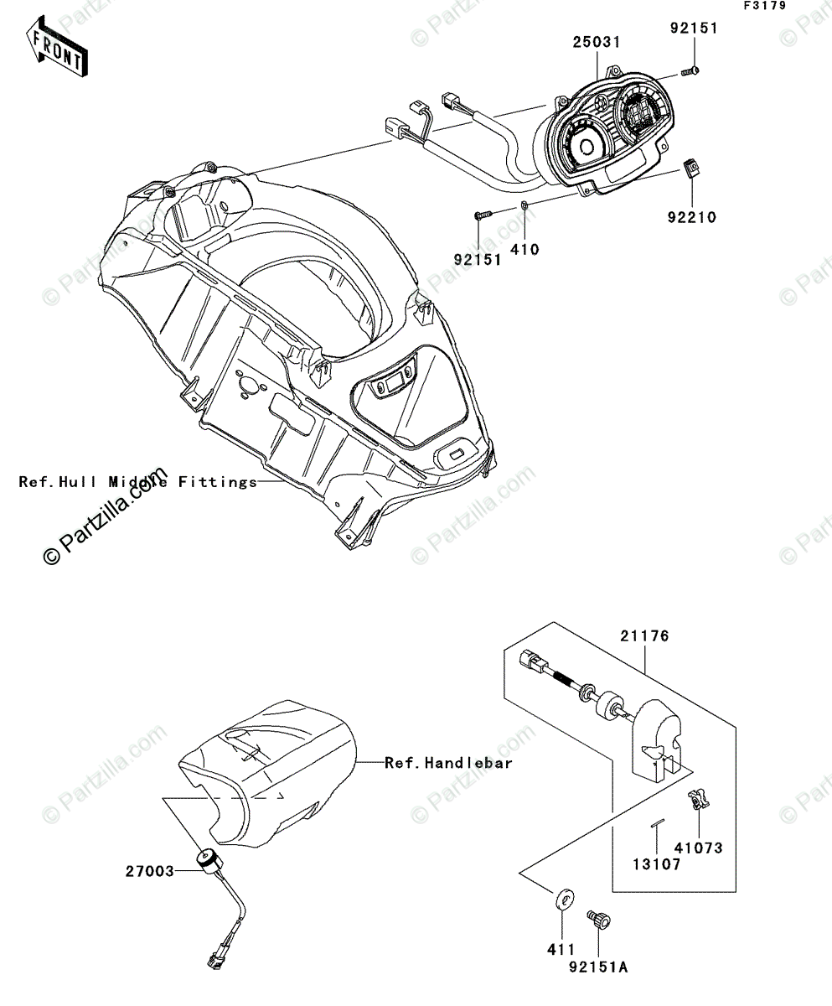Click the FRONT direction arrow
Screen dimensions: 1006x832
(x=55, y=49)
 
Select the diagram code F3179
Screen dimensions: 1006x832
(x=762, y=7)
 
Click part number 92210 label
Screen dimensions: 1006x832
(x=692, y=218)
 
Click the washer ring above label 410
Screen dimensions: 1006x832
(x=525, y=206)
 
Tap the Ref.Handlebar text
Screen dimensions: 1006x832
(x=448, y=763)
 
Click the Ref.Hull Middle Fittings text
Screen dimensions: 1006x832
(x=138, y=482)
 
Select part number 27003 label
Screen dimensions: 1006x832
(x=152, y=871)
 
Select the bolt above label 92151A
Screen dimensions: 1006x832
(x=599, y=918)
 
